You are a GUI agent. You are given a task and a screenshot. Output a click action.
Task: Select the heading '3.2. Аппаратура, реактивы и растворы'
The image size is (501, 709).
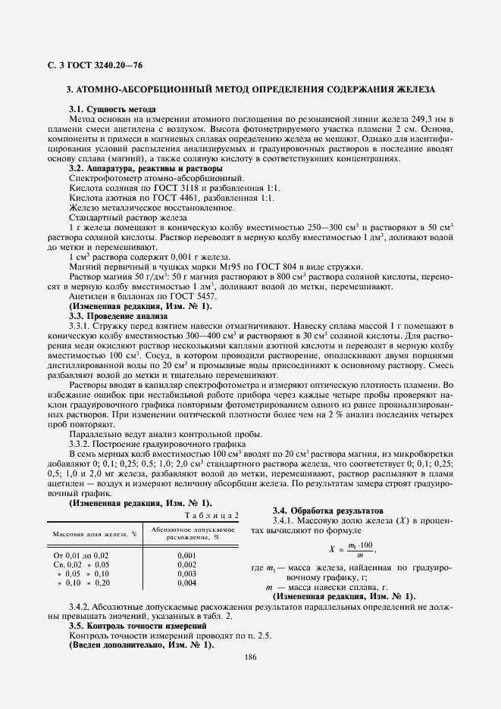coord(151,167)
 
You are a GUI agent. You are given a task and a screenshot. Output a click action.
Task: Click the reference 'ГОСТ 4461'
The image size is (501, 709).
coord(173,197)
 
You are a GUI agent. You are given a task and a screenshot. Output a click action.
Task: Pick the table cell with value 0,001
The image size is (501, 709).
coord(186,555)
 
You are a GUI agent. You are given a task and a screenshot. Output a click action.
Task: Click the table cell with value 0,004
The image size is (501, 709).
coord(186,583)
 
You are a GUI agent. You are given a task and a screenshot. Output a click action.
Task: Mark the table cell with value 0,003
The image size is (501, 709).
coord(186,574)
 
